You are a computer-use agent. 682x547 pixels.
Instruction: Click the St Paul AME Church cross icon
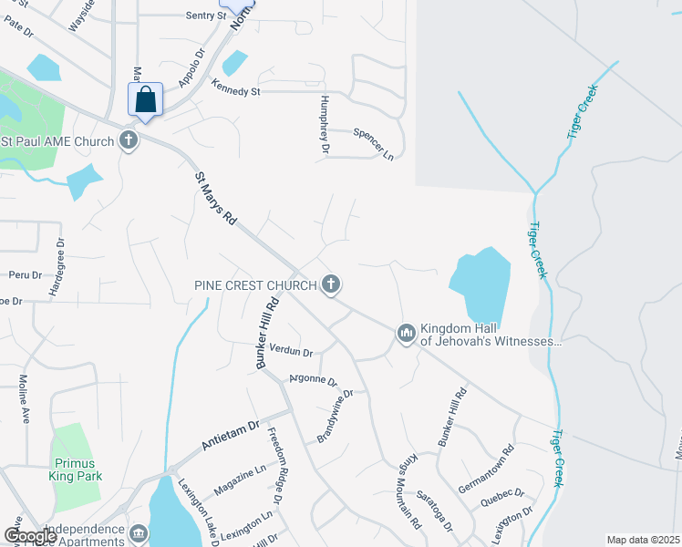coord(129,141)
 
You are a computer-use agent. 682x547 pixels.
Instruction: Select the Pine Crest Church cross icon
coord(331,285)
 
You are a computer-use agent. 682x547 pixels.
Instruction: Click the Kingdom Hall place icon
coord(406,334)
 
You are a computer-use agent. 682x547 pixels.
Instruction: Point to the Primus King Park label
coord(77,469)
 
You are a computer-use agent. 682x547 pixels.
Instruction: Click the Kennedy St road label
coord(236,89)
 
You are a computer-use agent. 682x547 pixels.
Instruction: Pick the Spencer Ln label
coord(373,143)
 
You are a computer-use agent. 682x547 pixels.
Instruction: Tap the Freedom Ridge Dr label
coord(275,465)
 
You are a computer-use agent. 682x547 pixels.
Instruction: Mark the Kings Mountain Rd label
coord(408,491)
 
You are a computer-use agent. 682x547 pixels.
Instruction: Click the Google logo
coord(29,536)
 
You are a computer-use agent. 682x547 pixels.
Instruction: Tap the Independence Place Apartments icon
coord(138,532)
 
